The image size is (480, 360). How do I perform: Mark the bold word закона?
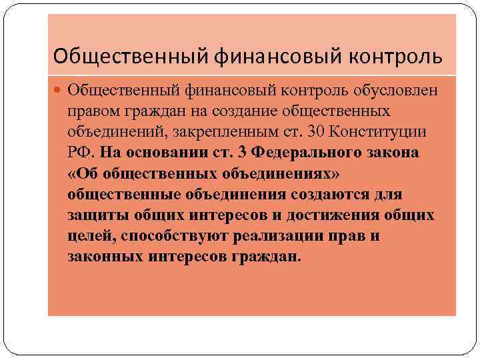click(392, 153)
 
